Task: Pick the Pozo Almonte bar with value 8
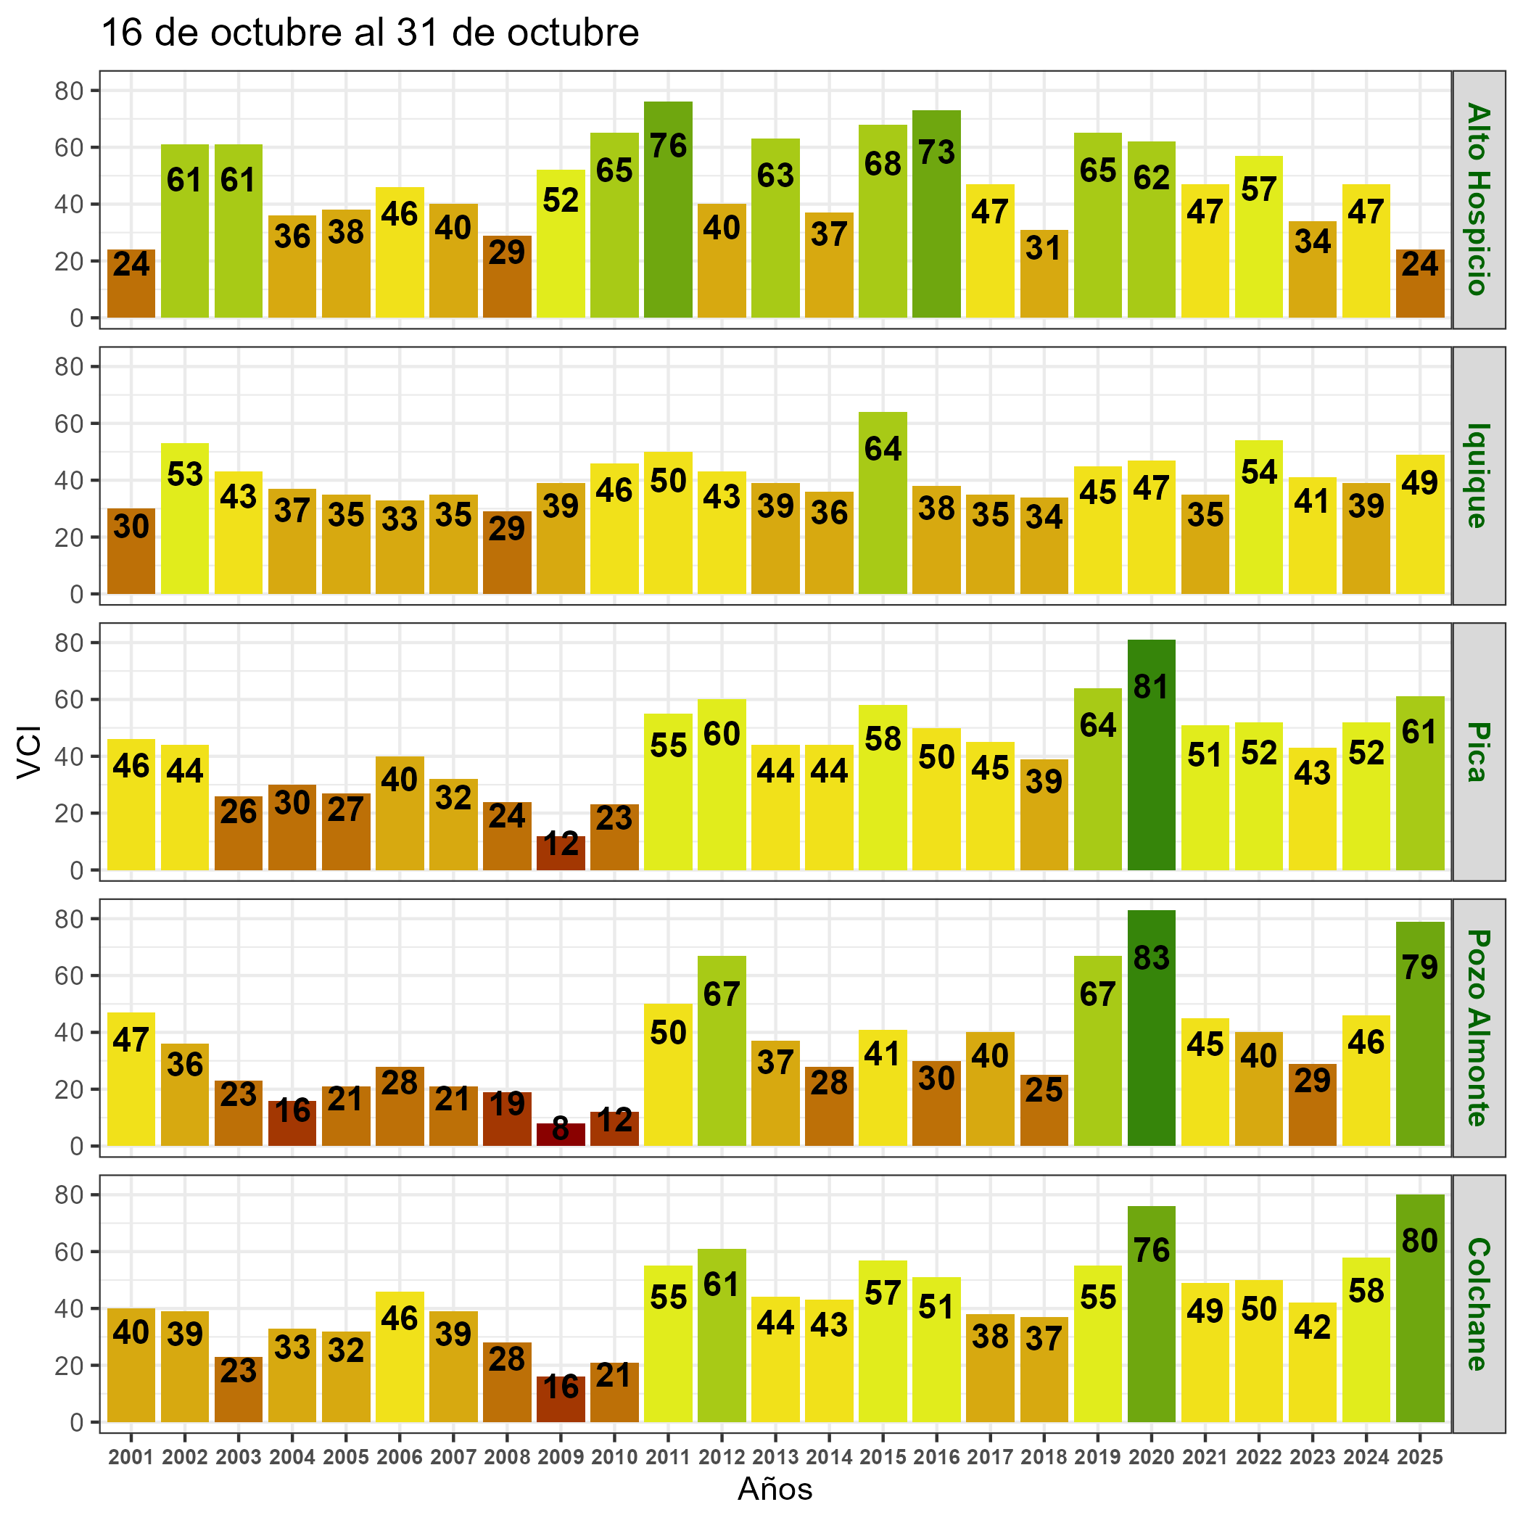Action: [x=561, y=1134]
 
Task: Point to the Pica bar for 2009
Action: [x=561, y=853]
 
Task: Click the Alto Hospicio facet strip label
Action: [x=1478, y=199]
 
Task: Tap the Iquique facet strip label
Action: [x=1478, y=475]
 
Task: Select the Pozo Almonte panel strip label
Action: [x=1478, y=1028]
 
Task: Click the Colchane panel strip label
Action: [x=1478, y=1304]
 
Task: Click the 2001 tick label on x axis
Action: [x=131, y=1458]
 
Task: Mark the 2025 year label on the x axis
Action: [x=1420, y=1458]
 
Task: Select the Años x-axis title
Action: [x=775, y=1489]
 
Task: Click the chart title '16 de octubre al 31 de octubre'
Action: [x=371, y=33]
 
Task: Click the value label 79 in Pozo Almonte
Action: [x=1420, y=967]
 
